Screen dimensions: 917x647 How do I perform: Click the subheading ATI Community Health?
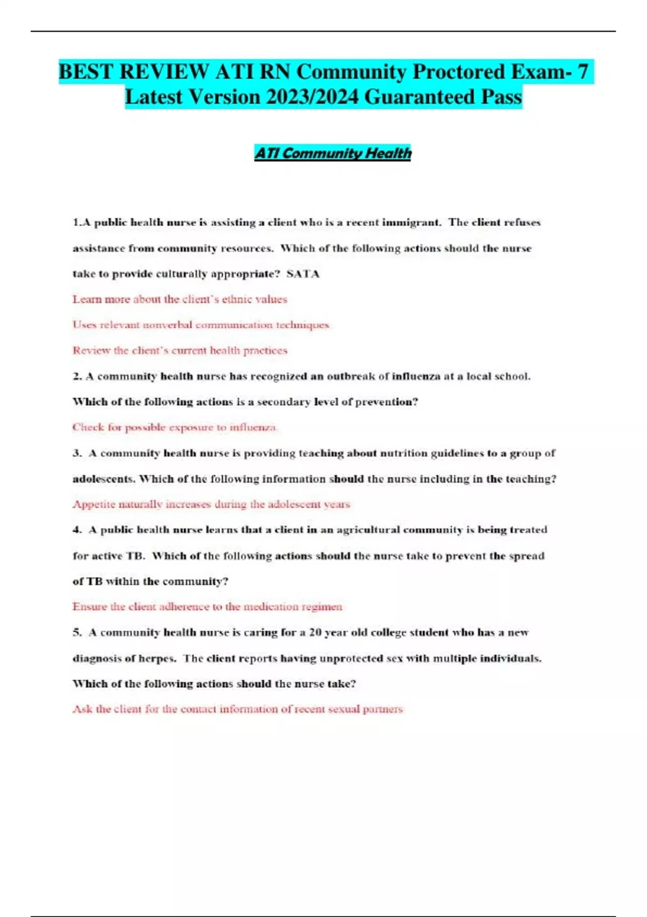(x=333, y=153)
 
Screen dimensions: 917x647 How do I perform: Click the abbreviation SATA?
(x=303, y=274)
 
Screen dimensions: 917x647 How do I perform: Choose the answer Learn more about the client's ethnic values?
(x=180, y=299)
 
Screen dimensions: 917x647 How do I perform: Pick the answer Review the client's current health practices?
(x=180, y=351)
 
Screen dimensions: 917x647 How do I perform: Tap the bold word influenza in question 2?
(x=416, y=376)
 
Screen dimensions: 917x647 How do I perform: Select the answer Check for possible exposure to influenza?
(x=175, y=427)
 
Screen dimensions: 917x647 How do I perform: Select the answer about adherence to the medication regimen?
(x=207, y=607)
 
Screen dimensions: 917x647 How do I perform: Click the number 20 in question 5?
(x=315, y=632)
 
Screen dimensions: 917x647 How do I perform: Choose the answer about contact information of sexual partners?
(x=237, y=709)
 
